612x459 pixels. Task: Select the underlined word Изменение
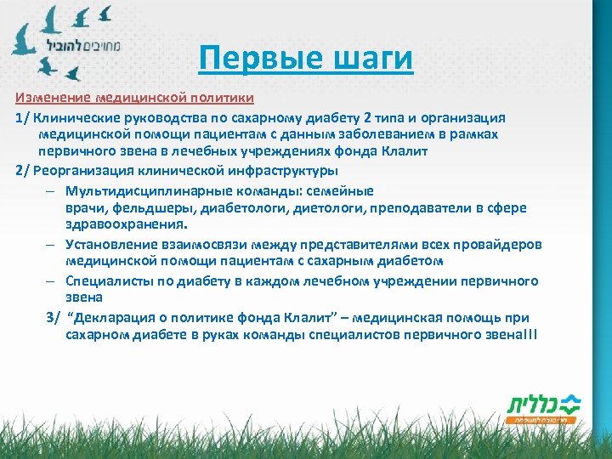click(x=53, y=98)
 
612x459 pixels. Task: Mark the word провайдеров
click(x=501, y=245)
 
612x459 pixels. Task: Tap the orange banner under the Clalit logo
click(x=541, y=420)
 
